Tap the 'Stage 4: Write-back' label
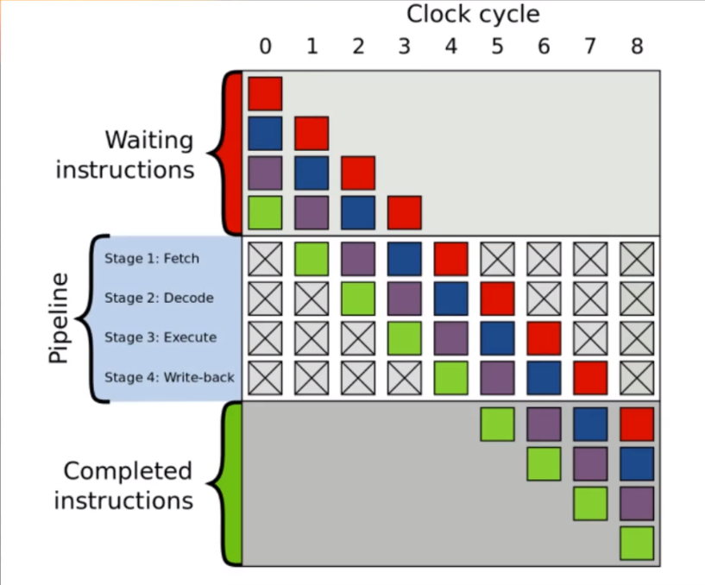click(x=169, y=377)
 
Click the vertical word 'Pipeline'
click(x=58, y=318)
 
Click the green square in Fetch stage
click(x=312, y=258)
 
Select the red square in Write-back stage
click(x=590, y=378)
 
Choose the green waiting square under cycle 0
click(x=265, y=212)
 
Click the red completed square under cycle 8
click(x=637, y=424)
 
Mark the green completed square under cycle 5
click(x=497, y=424)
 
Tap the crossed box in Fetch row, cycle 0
click(x=265, y=258)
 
